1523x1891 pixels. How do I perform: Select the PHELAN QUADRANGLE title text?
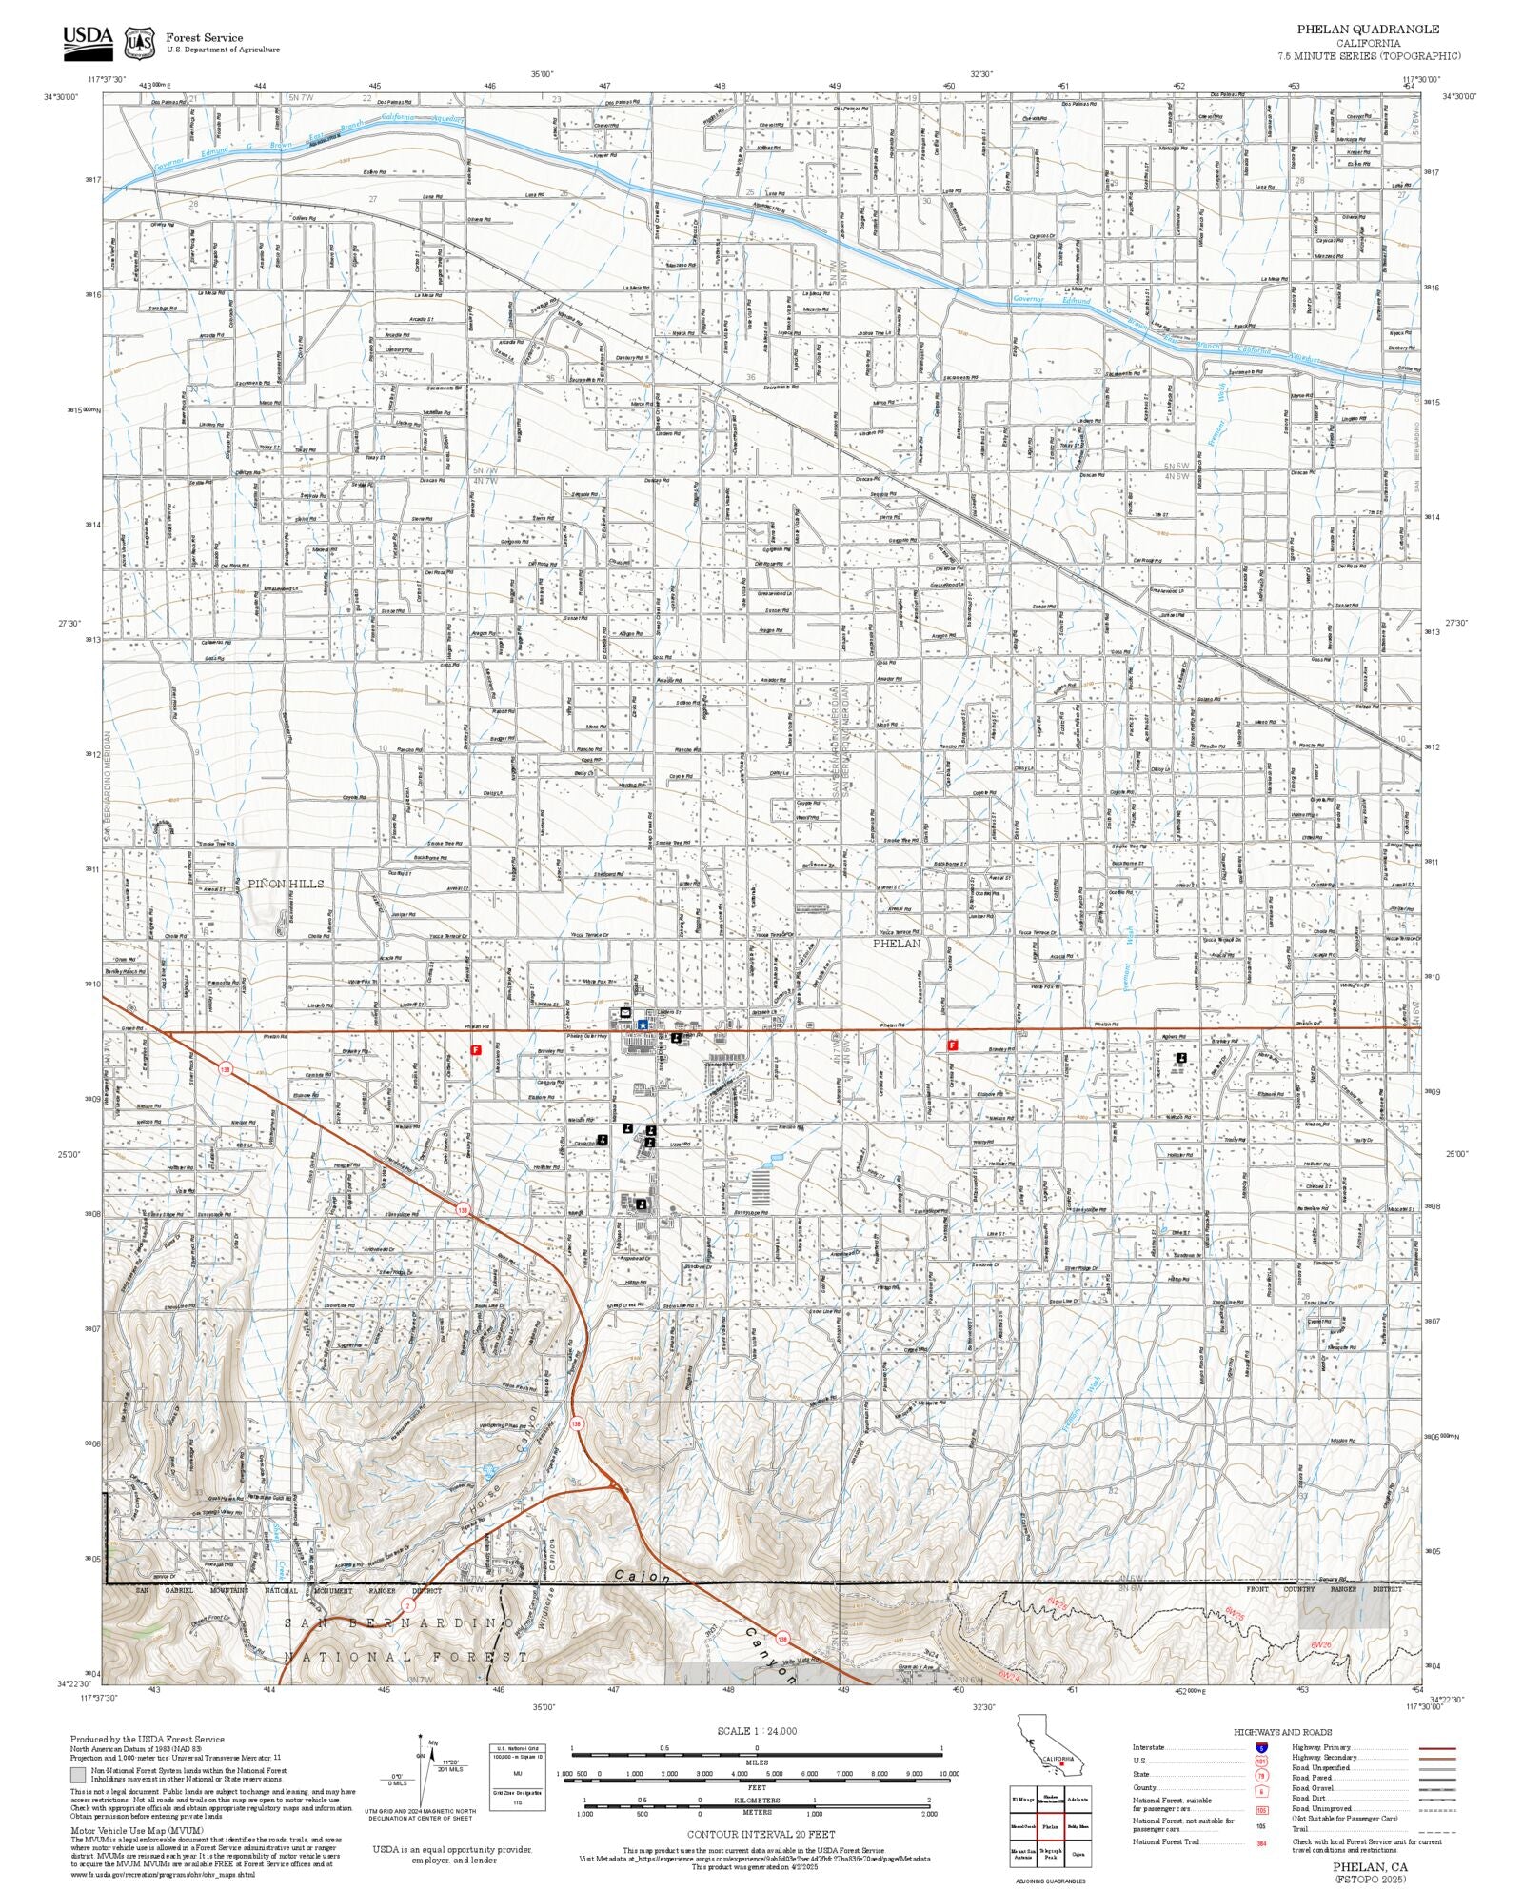pyautogui.click(x=1368, y=30)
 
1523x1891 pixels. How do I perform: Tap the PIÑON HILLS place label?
pyautogui.click(x=286, y=884)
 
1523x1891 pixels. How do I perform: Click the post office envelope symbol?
pyautogui.click(x=625, y=1012)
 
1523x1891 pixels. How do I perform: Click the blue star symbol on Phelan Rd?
pyautogui.click(x=643, y=1024)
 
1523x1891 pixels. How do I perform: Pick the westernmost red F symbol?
pyautogui.click(x=476, y=1049)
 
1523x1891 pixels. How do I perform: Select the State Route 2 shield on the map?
pyautogui.click(x=407, y=1604)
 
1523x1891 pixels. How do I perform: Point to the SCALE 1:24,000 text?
pyautogui.click(x=757, y=1731)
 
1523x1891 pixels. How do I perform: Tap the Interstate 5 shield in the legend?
pyautogui.click(x=1261, y=1748)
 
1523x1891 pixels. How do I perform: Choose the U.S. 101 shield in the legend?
pyautogui.click(x=1261, y=1762)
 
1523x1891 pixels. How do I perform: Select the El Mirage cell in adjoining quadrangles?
pyautogui.click(x=1022, y=1799)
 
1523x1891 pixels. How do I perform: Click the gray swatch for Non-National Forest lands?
pyautogui.click(x=77, y=1775)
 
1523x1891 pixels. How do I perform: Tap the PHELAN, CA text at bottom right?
pyautogui.click(x=1370, y=1867)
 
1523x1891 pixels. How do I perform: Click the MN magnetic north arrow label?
pyautogui.click(x=433, y=1743)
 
